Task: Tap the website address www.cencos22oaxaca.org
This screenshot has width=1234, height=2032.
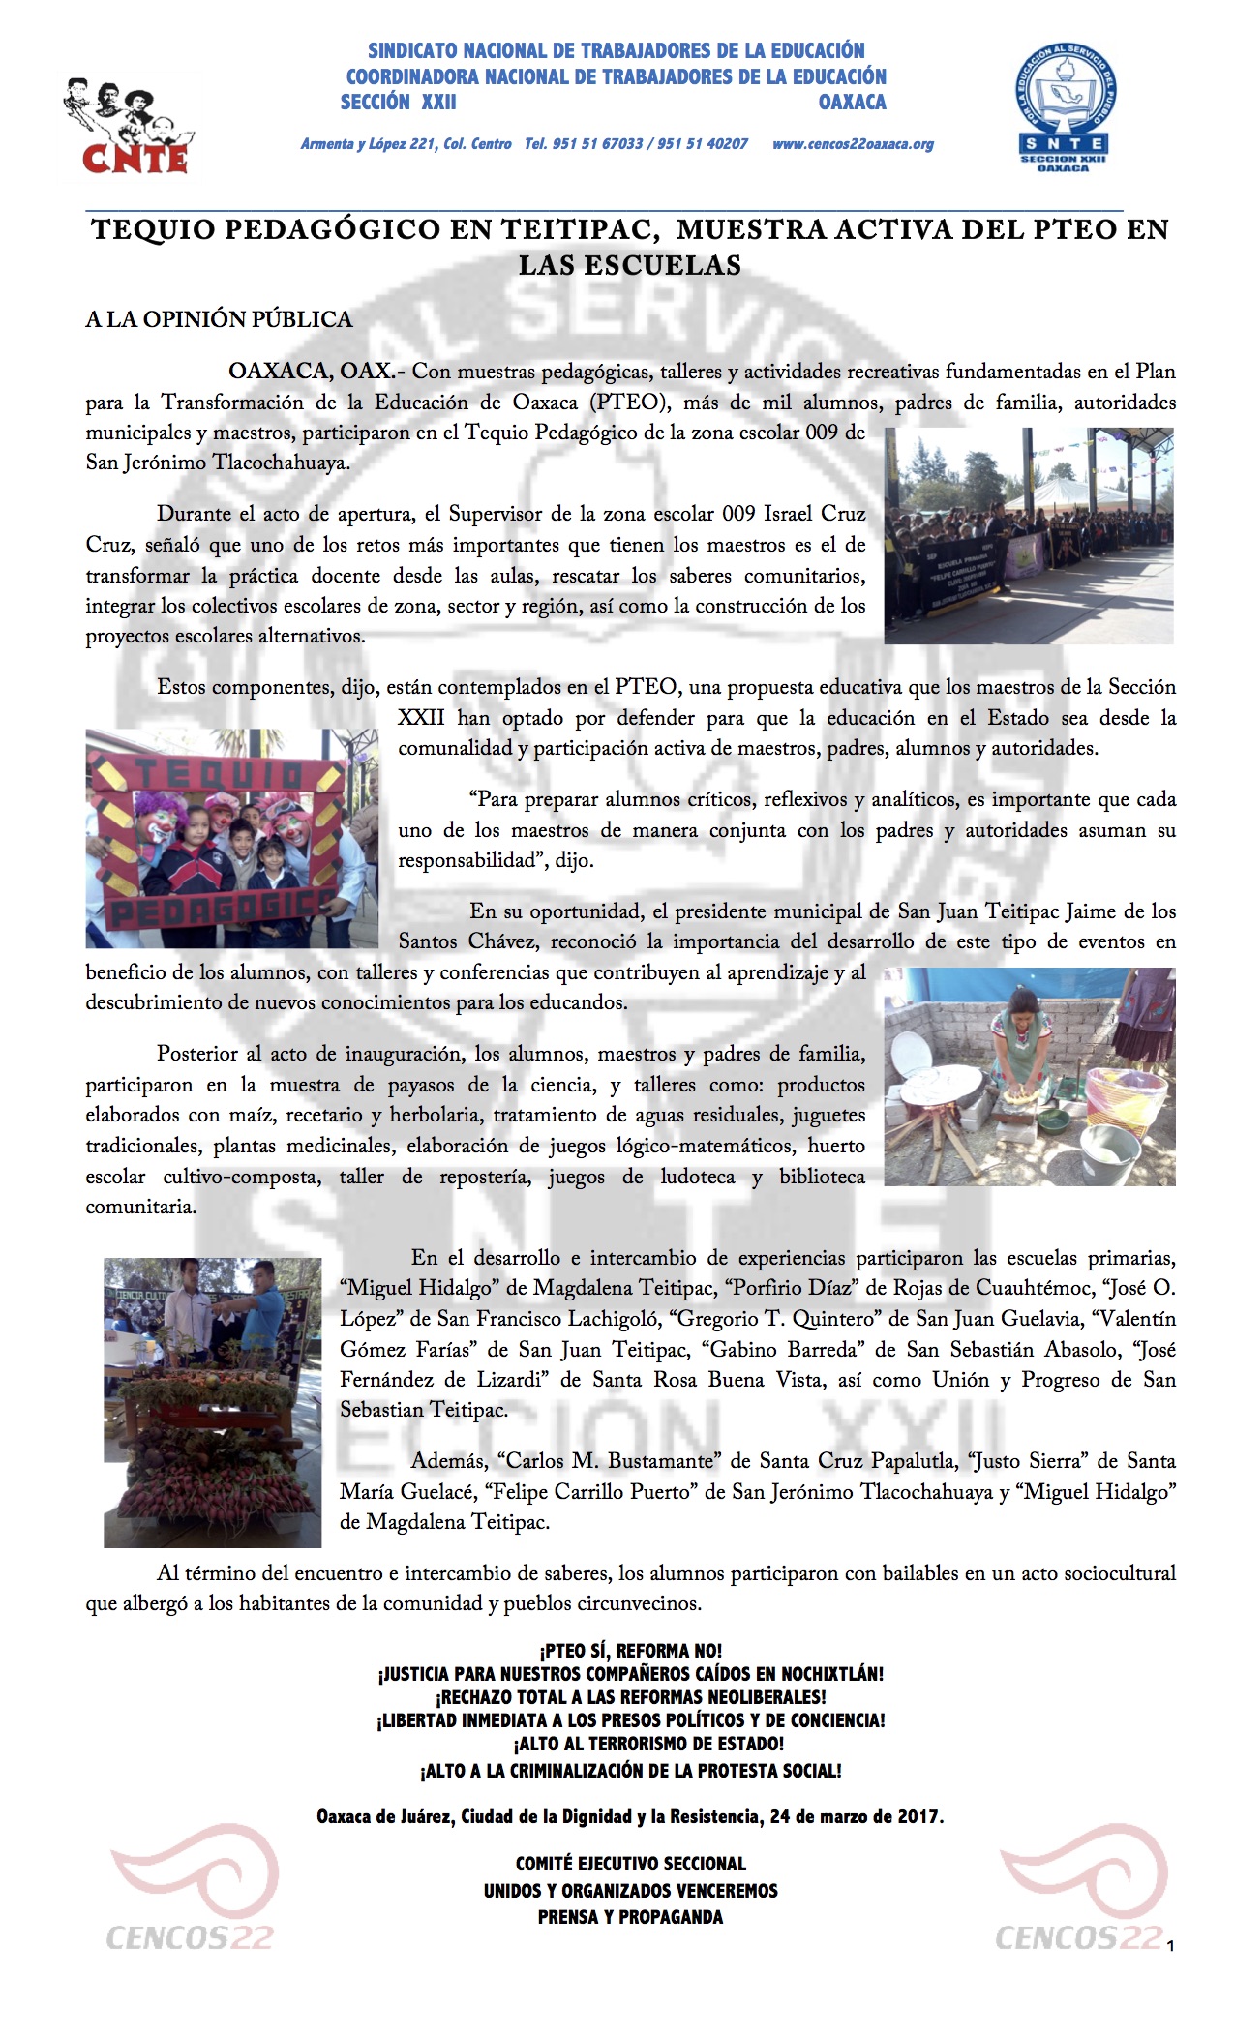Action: pyautogui.click(x=853, y=144)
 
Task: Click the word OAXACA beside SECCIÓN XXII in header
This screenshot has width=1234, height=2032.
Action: pyautogui.click(x=852, y=102)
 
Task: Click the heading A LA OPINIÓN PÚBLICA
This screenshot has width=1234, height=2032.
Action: pyautogui.click(x=219, y=319)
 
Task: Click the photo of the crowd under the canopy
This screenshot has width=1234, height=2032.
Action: pyautogui.click(x=1029, y=535)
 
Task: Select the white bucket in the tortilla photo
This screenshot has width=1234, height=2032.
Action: pyautogui.click(x=1109, y=1151)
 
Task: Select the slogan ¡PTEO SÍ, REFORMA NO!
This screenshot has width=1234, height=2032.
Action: pyautogui.click(x=630, y=1651)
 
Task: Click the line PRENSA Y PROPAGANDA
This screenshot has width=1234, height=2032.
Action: pyautogui.click(x=630, y=1917)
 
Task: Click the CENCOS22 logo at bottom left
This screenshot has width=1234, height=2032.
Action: pyautogui.click(x=192, y=1896)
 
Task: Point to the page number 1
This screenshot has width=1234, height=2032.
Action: pyautogui.click(x=1169, y=1946)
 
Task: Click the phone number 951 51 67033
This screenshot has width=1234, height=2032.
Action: pyautogui.click(x=597, y=144)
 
